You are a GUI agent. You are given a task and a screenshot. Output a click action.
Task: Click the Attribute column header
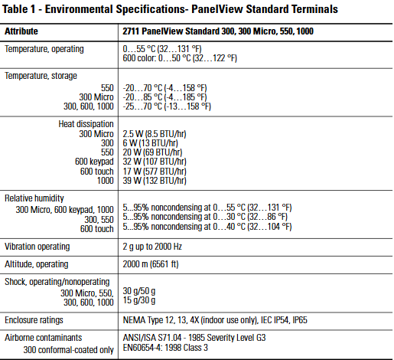[21, 31]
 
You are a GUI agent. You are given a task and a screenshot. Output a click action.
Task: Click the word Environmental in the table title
[79, 9]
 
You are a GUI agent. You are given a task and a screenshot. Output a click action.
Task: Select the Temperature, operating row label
[44, 49]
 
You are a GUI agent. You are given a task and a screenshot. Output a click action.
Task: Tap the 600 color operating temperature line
[180, 58]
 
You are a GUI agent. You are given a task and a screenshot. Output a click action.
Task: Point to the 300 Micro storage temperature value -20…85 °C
[164, 97]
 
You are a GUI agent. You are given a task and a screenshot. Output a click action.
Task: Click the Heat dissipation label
[86, 124]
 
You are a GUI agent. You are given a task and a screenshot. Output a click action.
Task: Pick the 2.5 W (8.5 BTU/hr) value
[155, 134]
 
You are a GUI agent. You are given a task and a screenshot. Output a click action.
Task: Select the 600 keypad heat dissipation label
[94, 162]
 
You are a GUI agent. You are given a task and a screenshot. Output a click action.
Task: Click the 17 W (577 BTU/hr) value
[155, 172]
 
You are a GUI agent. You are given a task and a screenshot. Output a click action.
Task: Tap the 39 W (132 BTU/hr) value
[155, 181]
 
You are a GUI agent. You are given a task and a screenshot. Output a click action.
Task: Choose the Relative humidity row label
[34, 198]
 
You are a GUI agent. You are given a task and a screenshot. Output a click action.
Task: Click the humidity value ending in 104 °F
[207, 227]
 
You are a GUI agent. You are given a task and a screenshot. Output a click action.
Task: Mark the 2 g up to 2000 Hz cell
[152, 247]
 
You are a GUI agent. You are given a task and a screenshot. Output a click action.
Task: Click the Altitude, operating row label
[37, 264]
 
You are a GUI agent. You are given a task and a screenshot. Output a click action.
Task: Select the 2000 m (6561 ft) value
[151, 264]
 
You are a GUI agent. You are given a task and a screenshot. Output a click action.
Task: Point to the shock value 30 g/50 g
[139, 291]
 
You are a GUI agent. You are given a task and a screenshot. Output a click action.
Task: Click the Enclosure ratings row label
[34, 320]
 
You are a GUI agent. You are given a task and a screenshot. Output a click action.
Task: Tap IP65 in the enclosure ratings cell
[300, 320]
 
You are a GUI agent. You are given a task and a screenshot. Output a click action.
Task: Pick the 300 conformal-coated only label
[69, 350]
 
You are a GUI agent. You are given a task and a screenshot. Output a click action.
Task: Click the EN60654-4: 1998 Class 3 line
[165, 348]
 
